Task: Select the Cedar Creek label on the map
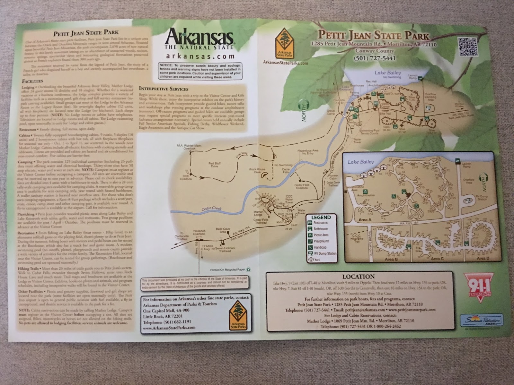tap(212, 209)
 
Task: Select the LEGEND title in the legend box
tap(321, 217)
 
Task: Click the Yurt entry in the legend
tap(317, 260)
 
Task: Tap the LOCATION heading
tap(358, 277)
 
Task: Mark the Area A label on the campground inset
tap(365, 220)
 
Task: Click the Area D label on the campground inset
tap(483, 258)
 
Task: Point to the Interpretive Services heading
tap(164, 89)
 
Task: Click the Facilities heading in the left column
tap(32, 81)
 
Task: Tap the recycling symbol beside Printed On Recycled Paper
tap(248, 270)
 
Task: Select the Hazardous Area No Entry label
tap(307, 152)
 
